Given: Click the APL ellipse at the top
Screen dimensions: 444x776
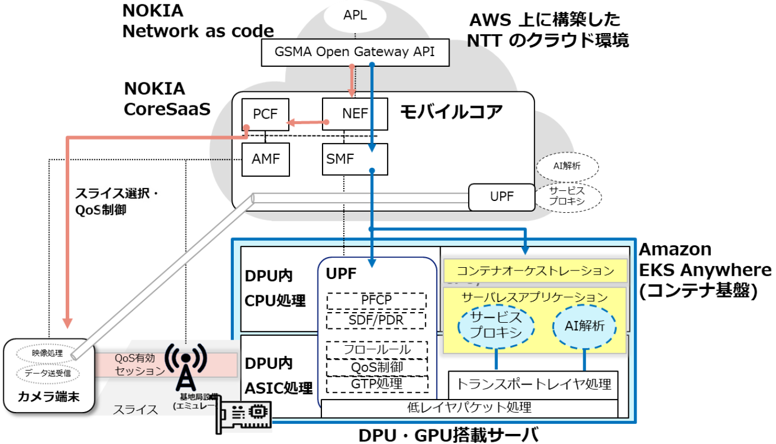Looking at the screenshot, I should coord(355,16).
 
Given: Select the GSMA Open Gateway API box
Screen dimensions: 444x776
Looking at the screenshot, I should coord(356,52).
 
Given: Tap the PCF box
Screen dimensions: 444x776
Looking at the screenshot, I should coord(265,115).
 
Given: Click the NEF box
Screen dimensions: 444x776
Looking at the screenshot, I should coord(355,114).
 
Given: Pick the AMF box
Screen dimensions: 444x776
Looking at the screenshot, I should coord(265,159).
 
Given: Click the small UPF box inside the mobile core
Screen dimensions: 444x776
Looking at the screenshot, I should coord(501,197).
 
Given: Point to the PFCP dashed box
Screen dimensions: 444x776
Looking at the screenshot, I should coord(376,300).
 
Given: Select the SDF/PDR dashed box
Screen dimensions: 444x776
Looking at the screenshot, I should coord(376,320).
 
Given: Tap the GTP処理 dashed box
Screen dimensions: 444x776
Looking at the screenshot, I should coord(376,384).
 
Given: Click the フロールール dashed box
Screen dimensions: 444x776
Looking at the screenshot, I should coord(376,349).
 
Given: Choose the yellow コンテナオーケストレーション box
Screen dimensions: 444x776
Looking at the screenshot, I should coord(535,271).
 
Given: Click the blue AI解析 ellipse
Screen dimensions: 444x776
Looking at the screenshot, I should coord(584,325).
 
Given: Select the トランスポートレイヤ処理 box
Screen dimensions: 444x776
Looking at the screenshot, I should coord(533,384).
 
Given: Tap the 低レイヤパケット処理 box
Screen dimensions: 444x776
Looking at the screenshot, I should coord(469,407).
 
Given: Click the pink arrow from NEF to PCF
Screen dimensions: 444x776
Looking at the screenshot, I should coord(306,122).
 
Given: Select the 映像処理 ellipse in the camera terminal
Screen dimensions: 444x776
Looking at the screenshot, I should coord(47,353).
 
